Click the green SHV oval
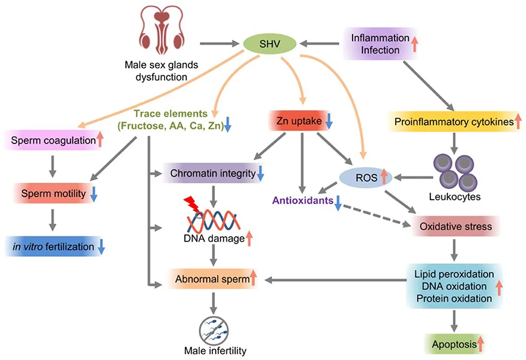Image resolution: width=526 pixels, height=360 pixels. click(x=269, y=44)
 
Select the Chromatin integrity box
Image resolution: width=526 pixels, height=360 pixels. click(x=213, y=174)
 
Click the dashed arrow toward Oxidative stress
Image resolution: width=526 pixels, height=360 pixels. click(x=374, y=216)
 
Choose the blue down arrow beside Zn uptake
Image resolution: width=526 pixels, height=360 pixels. click(x=329, y=123)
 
